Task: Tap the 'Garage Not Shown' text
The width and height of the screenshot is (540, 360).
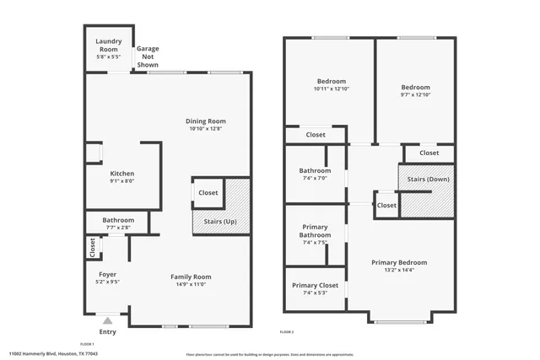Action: [148, 56]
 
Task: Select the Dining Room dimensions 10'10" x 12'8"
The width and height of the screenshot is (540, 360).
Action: [206, 129]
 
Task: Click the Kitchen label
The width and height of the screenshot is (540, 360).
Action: [122, 174]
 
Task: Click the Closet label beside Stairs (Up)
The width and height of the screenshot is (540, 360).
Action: [208, 193]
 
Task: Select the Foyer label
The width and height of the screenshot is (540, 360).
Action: [108, 275]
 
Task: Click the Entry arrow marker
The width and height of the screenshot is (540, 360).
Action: [107, 320]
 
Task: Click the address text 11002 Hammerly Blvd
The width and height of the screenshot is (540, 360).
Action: [42, 354]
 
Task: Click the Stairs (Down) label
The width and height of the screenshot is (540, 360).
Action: [428, 179]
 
